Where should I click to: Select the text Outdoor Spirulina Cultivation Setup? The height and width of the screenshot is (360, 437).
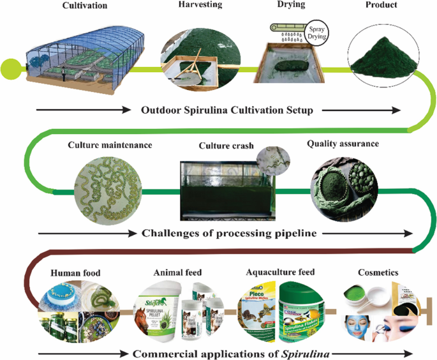pos(226,110)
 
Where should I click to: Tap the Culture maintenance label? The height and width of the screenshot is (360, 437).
pos(110,145)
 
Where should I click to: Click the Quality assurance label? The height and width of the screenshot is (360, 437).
pos(343,144)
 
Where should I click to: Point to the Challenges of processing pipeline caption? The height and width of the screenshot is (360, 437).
pos(229,233)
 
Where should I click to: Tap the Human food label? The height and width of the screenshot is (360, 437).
pos(75,273)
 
